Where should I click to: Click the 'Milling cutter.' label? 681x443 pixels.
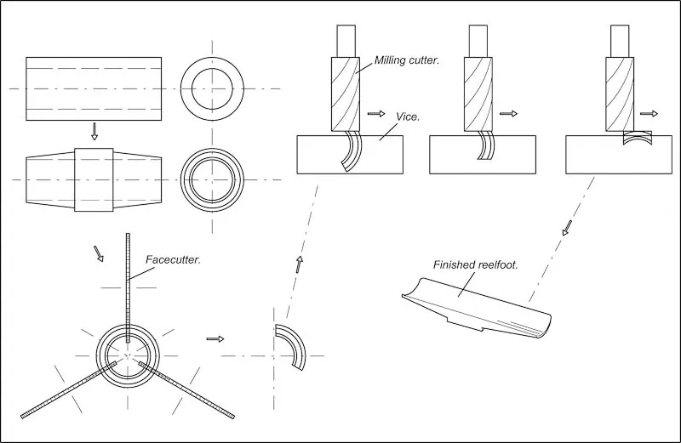click(x=407, y=61)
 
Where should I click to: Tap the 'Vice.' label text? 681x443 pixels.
click(x=408, y=116)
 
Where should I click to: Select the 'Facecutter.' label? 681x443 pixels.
click(x=173, y=259)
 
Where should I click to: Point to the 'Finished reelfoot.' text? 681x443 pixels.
click(x=476, y=264)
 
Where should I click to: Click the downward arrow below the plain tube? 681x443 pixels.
click(x=94, y=131)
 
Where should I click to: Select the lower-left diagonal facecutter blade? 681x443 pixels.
click(x=68, y=391)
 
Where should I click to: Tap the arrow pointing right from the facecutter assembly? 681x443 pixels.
click(x=215, y=338)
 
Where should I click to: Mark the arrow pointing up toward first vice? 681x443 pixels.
click(x=299, y=264)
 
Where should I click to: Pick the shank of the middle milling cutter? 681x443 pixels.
click(x=478, y=40)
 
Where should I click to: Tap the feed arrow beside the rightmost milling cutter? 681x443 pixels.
click(x=649, y=113)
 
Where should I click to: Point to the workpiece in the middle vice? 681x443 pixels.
click(x=486, y=145)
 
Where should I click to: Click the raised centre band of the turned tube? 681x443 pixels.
click(x=94, y=179)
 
